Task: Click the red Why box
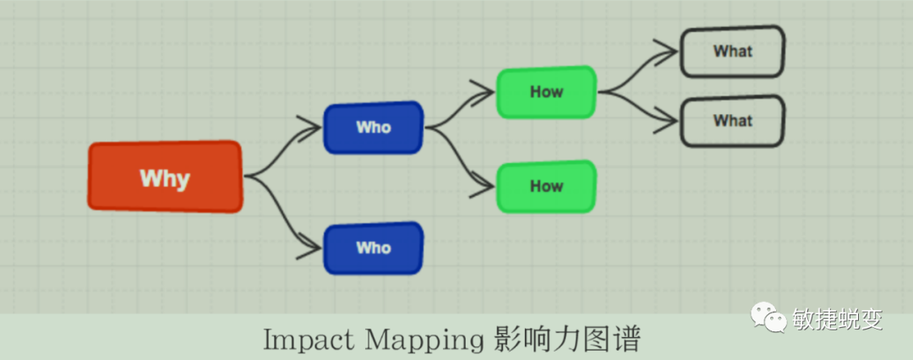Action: (166, 177)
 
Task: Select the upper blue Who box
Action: (373, 128)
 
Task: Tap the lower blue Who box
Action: (373, 248)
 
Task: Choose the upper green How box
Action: (546, 91)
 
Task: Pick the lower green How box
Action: (546, 186)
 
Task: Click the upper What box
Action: (733, 52)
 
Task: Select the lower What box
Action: (733, 121)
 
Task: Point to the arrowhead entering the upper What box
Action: (670, 51)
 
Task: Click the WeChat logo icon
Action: (765, 319)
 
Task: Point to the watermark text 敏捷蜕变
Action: (838, 319)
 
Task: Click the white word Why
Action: (165, 178)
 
